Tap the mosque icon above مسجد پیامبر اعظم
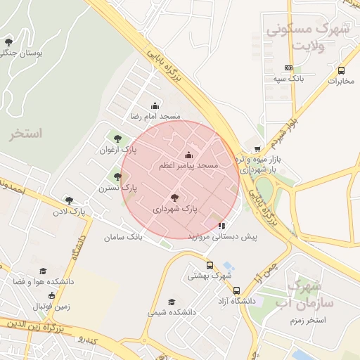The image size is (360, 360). point(188,155)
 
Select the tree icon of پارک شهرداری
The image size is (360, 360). point(174,198)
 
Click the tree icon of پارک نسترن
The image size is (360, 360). point(117,177)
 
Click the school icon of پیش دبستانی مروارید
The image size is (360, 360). point(222,226)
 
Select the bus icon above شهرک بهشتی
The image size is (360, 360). point(210,266)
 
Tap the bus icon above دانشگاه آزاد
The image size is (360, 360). point(236,290)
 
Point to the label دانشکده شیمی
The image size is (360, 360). point(172,311)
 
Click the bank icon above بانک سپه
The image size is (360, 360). point(288,68)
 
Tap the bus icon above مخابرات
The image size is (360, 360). point(341,70)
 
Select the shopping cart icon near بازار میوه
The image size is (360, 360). point(257,149)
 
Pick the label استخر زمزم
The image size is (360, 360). point(308,320)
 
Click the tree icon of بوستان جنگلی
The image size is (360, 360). point(8,42)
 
